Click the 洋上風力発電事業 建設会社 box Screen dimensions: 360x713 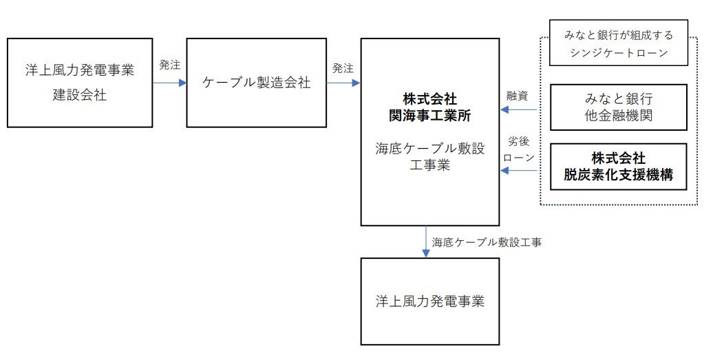[x=79, y=83]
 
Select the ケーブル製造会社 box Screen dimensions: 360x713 [x=256, y=83]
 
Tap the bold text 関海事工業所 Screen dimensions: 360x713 [x=430, y=115]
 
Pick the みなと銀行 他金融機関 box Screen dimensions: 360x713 [x=619, y=107]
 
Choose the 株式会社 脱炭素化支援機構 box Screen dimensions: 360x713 [x=619, y=167]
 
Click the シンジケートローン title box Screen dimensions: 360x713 [x=619, y=44]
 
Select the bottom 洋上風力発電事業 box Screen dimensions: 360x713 [x=430, y=301]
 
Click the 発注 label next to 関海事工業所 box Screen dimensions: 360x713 [x=342, y=68]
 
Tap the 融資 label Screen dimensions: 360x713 [x=517, y=96]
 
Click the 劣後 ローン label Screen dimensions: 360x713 [x=518, y=149]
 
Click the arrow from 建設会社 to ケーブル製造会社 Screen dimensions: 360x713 [x=169, y=83]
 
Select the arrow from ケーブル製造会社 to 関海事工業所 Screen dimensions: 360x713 [x=343, y=83]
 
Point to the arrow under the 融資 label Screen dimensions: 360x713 [x=518, y=109]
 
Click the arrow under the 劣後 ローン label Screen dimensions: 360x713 [x=518, y=170]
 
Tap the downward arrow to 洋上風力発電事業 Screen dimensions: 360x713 [x=426, y=242]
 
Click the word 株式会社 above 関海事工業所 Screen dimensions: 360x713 [x=430, y=99]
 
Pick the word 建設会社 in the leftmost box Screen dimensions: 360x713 [x=80, y=96]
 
